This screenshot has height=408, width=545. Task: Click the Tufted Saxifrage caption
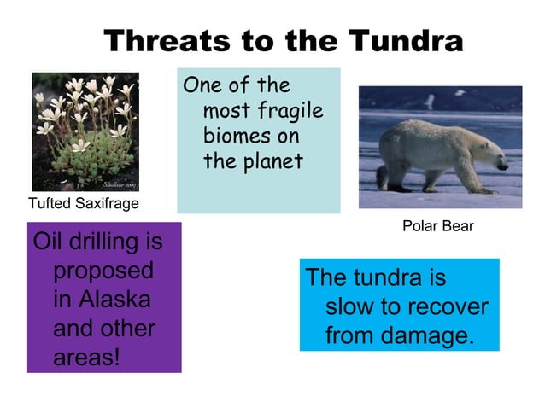[x=83, y=203]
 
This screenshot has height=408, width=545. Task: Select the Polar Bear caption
[x=437, y=226]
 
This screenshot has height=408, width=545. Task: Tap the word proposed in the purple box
[x=103, y=271]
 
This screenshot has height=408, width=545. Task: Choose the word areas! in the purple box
[x=86, y=358]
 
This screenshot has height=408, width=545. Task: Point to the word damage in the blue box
[x=427, y=335]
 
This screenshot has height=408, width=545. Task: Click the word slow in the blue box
[x=348, y=306]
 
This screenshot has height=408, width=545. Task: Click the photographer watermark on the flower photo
[x=119, y=184]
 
